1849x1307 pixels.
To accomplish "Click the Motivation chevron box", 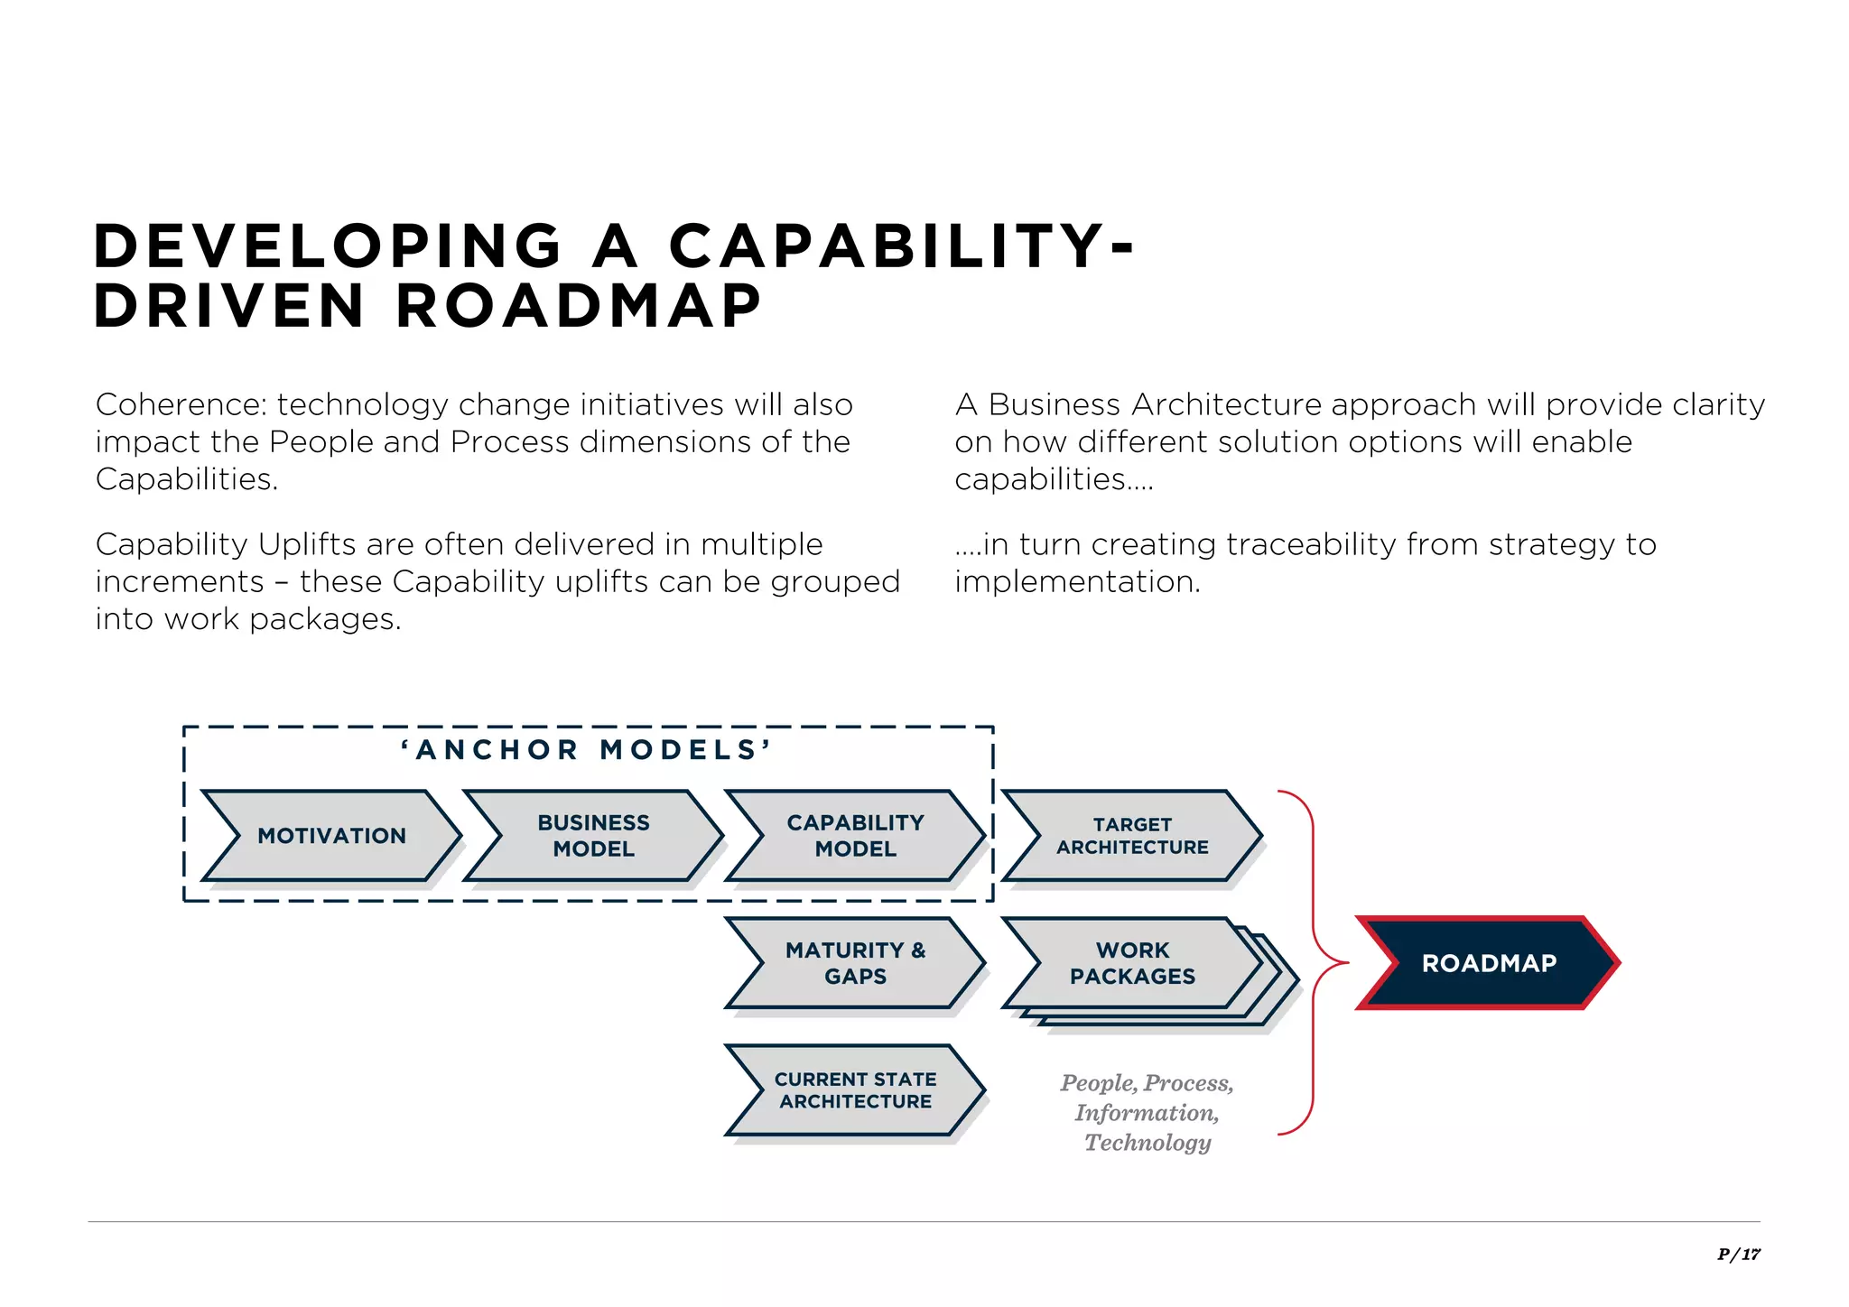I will coord(331,836).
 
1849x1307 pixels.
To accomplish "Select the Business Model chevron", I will coord(593,836).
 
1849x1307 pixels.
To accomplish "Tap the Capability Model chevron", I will coord(855,836).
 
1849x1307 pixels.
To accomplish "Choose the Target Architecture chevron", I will coord(1132,836).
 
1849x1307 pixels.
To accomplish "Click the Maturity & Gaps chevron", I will coord(855,963).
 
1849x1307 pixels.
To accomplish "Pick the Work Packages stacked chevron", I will coord(1132,963).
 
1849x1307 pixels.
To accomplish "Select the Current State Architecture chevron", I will coord(855,1090).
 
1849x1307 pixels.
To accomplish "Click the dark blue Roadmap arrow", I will coord(1488,963).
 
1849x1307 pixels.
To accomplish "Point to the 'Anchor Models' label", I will coord(587,750).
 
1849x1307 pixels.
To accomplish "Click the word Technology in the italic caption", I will coord(1147,1143).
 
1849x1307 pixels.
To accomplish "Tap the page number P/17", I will coord(1738,1254).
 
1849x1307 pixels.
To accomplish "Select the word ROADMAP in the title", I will coord(579,306).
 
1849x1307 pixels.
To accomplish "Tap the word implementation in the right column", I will coord(1077,582).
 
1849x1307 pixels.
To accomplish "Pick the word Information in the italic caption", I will coord(1146,1113).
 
